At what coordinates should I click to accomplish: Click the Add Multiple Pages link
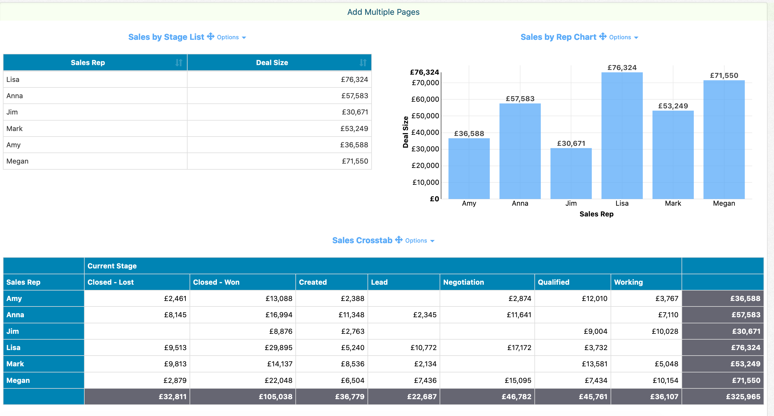point(383,12)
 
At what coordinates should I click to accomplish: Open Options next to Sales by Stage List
point(231,37)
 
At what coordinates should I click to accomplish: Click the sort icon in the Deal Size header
point(363,62)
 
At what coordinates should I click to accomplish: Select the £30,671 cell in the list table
point(354,112)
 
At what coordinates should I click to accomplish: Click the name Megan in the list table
point(17,161)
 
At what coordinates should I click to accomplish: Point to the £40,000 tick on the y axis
point(425,132)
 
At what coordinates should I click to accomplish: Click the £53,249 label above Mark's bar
point(673,106)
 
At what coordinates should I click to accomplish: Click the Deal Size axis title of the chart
point(405,132)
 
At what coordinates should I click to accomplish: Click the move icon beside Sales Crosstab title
point(398,240)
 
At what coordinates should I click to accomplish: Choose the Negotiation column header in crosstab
point(463,282)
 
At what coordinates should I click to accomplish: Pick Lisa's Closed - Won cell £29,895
point(278,347)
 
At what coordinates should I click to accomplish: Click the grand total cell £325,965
point(743,397)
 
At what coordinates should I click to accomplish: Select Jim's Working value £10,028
point(665,331)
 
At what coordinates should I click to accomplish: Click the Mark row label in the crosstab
point(15,364)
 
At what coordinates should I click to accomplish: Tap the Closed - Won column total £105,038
point(275,397)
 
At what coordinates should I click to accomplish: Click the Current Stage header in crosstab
point(112,266)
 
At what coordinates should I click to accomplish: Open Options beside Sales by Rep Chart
point(623,37)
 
